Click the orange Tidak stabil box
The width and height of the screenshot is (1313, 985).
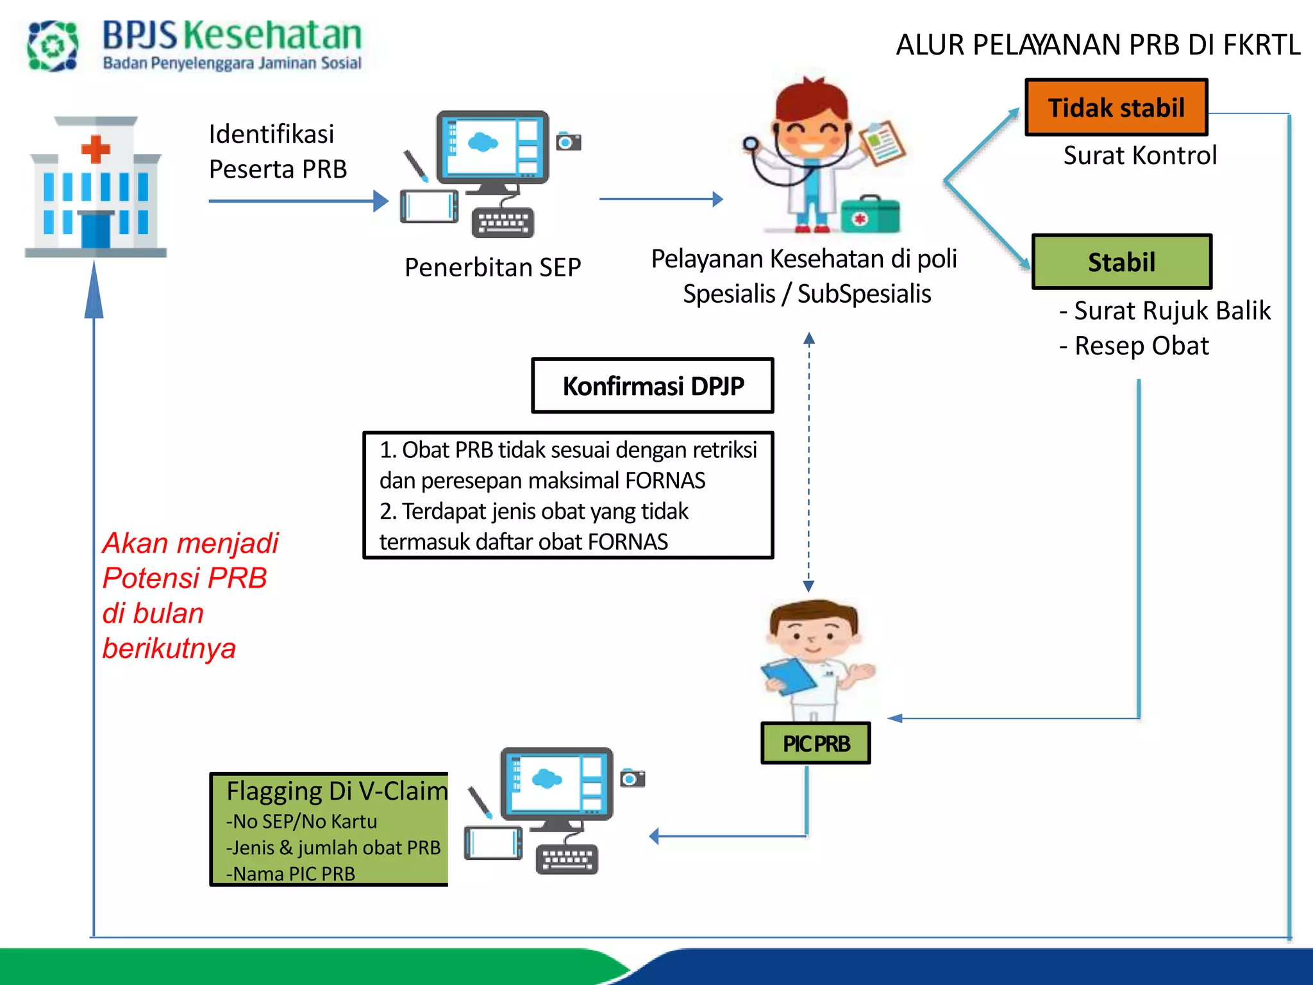coord(1116,108)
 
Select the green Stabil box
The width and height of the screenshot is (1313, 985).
coord(1121,262)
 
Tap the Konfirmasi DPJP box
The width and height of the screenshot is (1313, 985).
coord(653,386)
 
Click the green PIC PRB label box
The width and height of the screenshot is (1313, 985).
coord(815,744)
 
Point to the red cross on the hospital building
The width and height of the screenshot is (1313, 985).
coord(96,149)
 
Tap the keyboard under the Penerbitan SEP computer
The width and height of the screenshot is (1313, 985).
coord(503,223)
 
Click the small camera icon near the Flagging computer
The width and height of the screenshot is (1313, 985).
coord(633,778)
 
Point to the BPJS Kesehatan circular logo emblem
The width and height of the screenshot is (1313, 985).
coord(53,46)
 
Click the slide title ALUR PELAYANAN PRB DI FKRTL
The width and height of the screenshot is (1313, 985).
coord(1098,45)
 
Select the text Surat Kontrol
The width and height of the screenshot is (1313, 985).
coord(1139,156)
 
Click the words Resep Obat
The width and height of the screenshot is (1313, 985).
coord(1141,346)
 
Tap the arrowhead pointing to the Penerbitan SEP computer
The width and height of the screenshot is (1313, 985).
coord(381,201)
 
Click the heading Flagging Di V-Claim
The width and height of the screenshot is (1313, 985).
coord(337,791)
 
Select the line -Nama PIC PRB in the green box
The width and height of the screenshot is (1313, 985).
coord(290,874)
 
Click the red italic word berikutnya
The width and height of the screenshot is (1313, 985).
coord(169,649)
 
